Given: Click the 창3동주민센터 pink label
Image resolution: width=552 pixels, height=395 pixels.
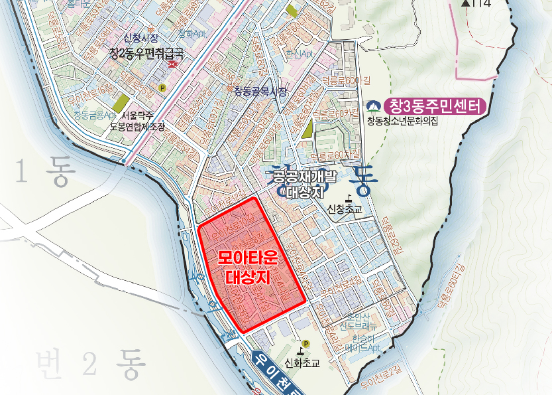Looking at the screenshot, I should click(x=437, y=106).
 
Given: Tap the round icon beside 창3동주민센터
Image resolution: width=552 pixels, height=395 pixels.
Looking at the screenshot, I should click(x=375, y=106).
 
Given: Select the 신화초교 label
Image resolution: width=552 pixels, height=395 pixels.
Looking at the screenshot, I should click(x=302, y=363).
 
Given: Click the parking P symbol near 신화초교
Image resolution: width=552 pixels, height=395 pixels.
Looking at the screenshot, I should click(x=305, y=344).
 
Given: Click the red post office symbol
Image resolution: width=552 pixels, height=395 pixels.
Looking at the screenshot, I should click(x=173, y=64).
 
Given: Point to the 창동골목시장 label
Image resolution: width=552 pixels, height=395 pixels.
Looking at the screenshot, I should click(x=260, y=92).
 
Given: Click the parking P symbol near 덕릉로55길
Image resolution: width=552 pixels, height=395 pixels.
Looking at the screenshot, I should click(x=162, y=87).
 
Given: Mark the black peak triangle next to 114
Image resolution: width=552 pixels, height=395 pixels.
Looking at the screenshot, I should click(x=466, y=3).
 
